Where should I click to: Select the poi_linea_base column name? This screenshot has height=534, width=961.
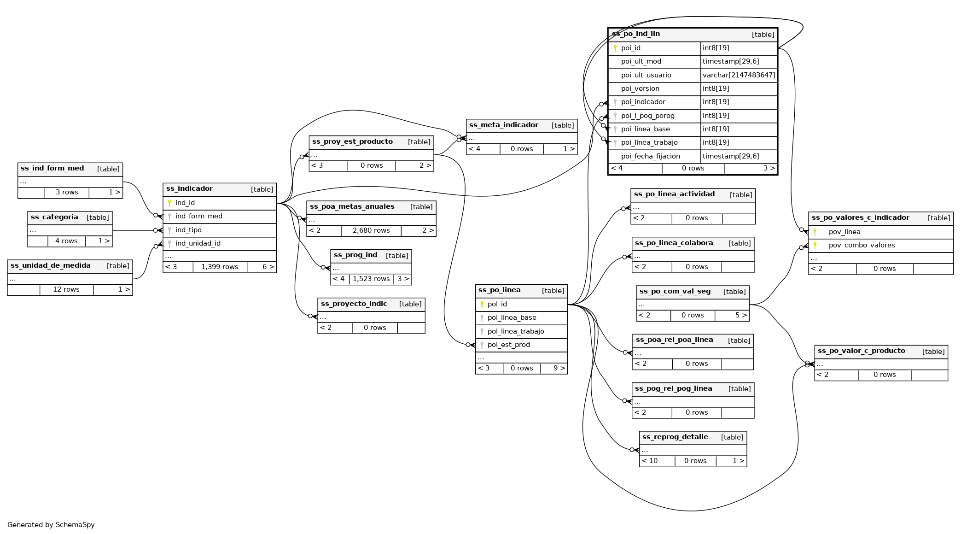coord(645,129)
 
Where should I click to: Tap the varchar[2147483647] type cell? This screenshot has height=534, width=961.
coord(739,75)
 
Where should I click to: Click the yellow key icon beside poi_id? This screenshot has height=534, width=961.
coord(615,48)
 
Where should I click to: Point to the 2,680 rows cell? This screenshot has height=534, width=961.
coord(371,231)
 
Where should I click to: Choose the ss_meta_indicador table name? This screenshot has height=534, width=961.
coord(503,125)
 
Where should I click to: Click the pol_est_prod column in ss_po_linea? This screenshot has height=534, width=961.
coord(508,345)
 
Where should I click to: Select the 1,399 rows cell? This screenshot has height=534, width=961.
coord(220,267)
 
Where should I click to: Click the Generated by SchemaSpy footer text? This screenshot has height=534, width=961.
coord(51,525)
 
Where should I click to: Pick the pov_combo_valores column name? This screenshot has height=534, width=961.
coord(862,246)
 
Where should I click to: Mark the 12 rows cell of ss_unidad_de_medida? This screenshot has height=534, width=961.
coord(66,290)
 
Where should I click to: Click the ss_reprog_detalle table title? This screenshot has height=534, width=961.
coord(675,437)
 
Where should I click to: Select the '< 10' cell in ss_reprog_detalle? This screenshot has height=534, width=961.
coord(649,461)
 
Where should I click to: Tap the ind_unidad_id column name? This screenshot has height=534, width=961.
coord(198,244)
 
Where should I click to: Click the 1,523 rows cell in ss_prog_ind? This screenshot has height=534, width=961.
coord(371,279)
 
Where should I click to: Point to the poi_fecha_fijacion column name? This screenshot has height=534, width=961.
coord(650,157)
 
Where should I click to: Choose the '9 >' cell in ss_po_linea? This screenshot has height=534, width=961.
coord(559,369)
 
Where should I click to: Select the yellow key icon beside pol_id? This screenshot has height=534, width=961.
coord(482,305)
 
